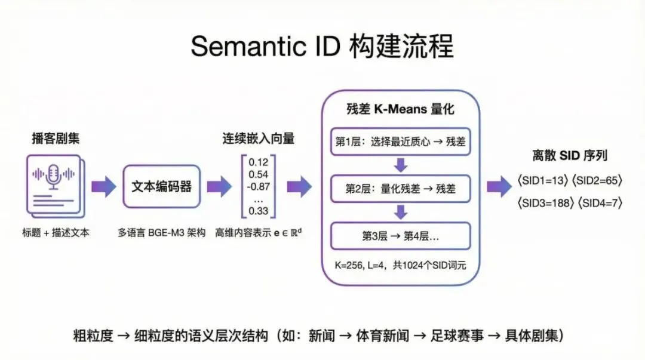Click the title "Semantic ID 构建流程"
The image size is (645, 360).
322,47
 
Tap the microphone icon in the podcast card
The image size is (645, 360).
54,175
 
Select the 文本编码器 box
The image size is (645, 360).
161,187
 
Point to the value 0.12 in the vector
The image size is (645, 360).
259,162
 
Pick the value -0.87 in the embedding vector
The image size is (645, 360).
258,186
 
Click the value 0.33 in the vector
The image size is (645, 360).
259,210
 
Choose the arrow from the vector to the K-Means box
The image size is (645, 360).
299,187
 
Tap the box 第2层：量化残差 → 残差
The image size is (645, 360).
401,189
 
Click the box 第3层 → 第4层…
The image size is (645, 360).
401,235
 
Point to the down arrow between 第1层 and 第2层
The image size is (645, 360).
401,165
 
